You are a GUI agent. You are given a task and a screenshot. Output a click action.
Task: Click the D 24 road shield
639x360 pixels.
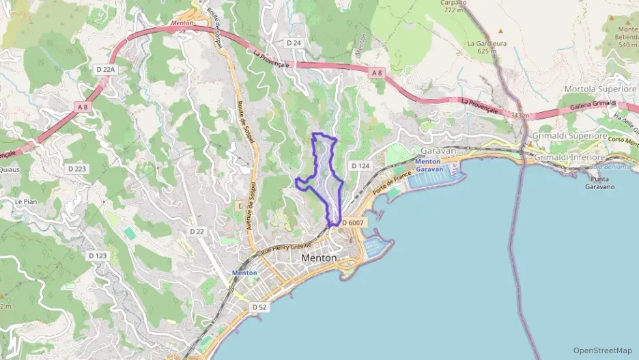[x=294, y=42]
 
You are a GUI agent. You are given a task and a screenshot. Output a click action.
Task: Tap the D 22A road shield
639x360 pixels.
[x=106, y=70]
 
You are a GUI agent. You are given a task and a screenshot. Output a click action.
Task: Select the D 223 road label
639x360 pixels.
[x=76, y=168]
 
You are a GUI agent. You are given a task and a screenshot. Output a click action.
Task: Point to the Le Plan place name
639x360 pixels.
[x=26, y=202]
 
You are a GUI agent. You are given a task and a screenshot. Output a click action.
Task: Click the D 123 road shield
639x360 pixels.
[x=98, y=255]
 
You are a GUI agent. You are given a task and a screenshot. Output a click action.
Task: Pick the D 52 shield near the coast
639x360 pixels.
[x=259, y=307]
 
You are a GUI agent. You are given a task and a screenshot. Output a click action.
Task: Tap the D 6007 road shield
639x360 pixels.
[x=353, y=223]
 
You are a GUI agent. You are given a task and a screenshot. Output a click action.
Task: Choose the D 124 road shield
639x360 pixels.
[x=360, y=166]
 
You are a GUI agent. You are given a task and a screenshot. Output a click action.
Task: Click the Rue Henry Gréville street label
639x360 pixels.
[x=286, y=249]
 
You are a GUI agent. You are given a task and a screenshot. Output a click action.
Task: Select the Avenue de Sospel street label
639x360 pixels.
[x=251, y=205]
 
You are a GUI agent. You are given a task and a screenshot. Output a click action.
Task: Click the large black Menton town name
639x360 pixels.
[x=319, y=258]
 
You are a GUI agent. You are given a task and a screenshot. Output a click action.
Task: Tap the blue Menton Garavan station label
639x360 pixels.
[x=429, y=165]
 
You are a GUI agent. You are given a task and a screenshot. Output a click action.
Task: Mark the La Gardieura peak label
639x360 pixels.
[x=482, y=46]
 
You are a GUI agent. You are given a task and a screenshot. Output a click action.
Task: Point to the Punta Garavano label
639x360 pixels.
[x=600, y=183]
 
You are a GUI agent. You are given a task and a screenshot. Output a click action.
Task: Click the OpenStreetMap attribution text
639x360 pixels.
[x=603, y=350]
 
